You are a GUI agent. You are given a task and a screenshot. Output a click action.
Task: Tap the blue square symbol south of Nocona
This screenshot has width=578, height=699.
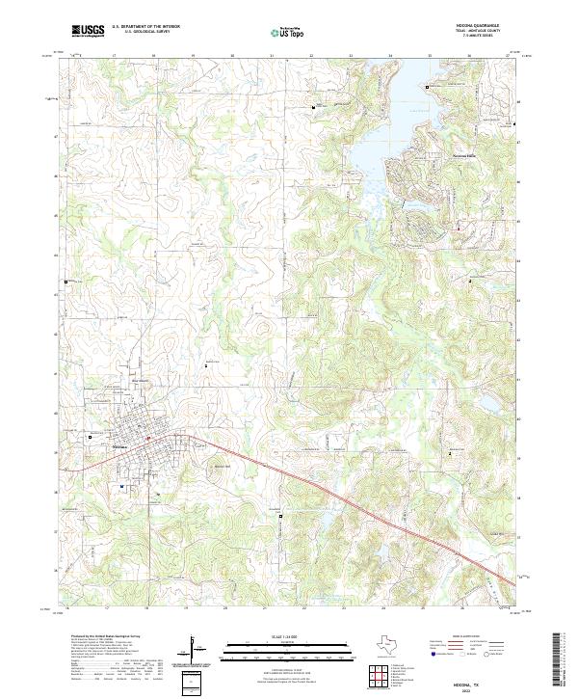point(122,486)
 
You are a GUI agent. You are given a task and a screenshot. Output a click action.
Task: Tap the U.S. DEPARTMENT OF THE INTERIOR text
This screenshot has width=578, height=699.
point(144,27)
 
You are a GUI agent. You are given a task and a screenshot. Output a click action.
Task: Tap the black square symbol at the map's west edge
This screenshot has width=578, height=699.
point(66,282)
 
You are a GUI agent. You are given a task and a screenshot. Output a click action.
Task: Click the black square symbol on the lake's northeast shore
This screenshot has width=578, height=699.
point(427,87)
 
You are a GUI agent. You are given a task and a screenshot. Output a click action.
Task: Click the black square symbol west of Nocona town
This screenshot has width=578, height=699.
point(89,437)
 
